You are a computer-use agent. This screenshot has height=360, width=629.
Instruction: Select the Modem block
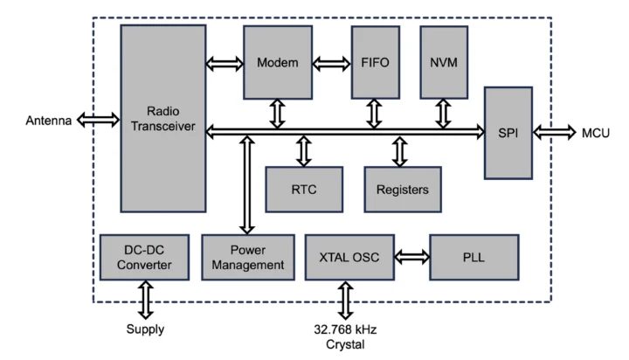coord(278,62)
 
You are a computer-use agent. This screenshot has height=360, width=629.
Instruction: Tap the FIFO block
coord(375,62)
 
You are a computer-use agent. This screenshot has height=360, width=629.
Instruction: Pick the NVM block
coord(444,62)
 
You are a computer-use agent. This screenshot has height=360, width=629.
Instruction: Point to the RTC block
coord(303,189)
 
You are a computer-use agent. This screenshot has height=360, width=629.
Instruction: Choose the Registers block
coord(402,189)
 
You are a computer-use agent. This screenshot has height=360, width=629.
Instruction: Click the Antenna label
coord(48,120)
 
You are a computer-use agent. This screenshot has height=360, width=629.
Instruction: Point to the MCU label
coord(596,133)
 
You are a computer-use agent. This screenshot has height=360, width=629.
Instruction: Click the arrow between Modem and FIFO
coord(331,63)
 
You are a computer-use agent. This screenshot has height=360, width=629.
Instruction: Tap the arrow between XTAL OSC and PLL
coord(411,256)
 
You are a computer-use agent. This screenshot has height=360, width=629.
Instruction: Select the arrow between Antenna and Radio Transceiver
coord(98,120)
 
